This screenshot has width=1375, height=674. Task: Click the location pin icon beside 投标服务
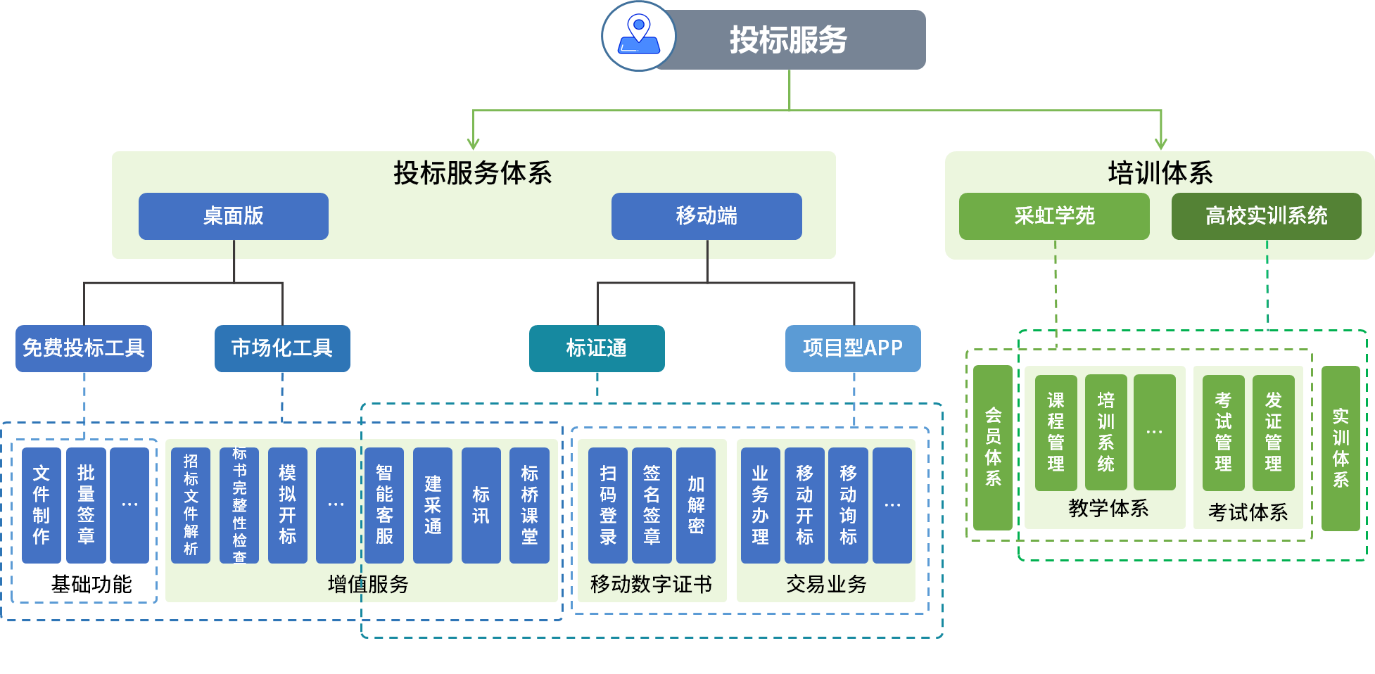[x=639, y=36]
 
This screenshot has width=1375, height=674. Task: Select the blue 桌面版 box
[x=234, y=216]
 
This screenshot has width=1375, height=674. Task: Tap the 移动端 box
[x=706, y=216]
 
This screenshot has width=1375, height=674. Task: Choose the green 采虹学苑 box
[x=1054, y=216]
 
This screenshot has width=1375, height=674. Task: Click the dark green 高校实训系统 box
[x=1266, y=216]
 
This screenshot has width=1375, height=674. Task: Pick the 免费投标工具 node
[x=84, y=348]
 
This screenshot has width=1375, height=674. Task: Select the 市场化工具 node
[x=282, y=348]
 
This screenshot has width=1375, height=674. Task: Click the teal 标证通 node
[x=597, y=348]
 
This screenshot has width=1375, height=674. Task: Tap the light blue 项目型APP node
[x=853, y=348]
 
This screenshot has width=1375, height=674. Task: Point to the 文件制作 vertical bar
[x=42, y=505]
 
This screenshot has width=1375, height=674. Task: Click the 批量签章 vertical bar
[x=86, y=505]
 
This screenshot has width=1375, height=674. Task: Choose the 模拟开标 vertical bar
[x=288, y=505]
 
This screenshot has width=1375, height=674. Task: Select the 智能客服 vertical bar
[x=384, y=505]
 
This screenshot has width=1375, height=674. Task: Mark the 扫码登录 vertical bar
[x=608, y=505]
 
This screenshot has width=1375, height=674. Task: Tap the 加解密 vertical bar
[x=696, y=505]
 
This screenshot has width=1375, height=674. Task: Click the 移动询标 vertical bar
[x=848, y=505]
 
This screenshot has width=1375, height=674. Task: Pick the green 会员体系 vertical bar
[x=993, y=447]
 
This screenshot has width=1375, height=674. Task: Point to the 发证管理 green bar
[x=1273, y=433]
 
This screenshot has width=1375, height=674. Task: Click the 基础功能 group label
[x=91, y=584]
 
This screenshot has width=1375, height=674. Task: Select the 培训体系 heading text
[x=1160, y=173]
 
